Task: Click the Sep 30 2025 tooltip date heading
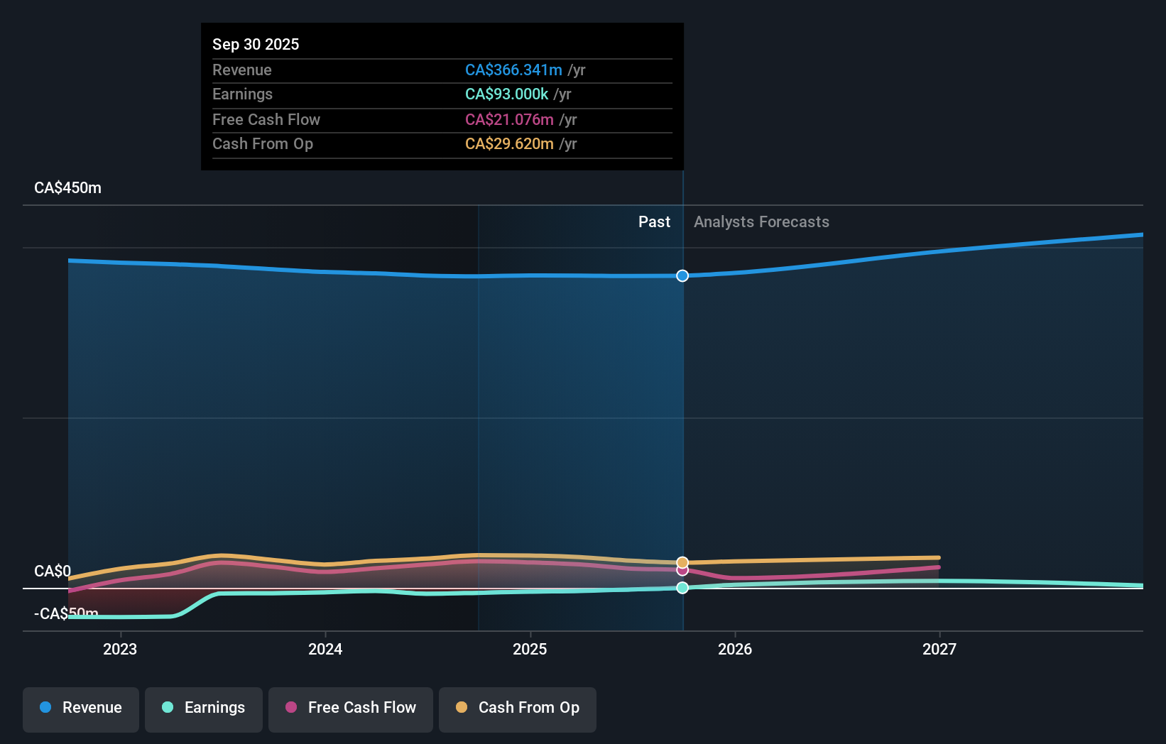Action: click(x=256, y=44)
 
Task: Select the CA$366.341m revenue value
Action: click(x=513, y=70)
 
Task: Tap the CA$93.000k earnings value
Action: click(x=506, y=94)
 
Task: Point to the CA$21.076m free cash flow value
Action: click(x=509, y=119)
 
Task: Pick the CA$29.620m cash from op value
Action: click(x=509, y=143)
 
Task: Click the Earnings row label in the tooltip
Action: click(x=242, y=94)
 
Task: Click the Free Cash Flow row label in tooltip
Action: click(x=266, y=119)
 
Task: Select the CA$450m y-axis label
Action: click(x=67, y=187)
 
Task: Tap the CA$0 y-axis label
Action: click(x=53, y=571)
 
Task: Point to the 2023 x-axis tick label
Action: click(x=120, y=649)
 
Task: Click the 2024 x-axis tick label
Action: click(x=325, y=649)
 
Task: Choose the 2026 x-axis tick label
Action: click(x=735, y=649)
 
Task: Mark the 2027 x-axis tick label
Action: click(x=939, y=649)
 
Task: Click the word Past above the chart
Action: click(x=654, y=221)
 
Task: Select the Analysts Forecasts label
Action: click(x=761, y=221)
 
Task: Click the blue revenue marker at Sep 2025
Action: click(x=682, y=275)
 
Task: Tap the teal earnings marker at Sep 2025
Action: click(x=682, y=588)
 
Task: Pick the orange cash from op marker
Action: click(x=682, y=562)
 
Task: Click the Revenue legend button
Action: click(x=81, y=708)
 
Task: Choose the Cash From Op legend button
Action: click(x=518, y=708)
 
